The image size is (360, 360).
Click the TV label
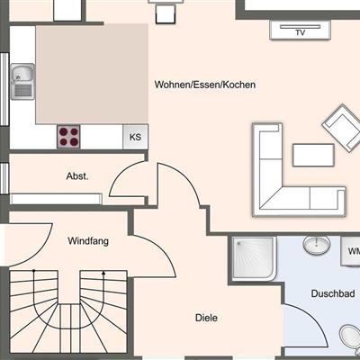tap(301, 32)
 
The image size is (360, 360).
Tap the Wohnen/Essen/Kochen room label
tap(205, 85)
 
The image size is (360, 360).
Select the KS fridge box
tap(135, 137)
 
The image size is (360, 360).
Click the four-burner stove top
tap(68, 137)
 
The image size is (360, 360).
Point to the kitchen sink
tap(22, 81)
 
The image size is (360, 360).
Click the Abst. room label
tap(77, 176)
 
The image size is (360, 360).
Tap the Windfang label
tap(88, 241)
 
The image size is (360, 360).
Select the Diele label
tap(206, 318)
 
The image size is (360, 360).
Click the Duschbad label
tap(333, 293)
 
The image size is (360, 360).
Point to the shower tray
tap(254, 258)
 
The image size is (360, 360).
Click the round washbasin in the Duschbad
tap(317, 245)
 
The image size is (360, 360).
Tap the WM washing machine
tap(350, 251)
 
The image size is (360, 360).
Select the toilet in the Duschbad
tap(350, 337)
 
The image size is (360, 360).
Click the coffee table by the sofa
tap(313, 155)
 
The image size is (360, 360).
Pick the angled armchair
tap(342, 128)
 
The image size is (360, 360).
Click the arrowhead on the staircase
tap(103, 273)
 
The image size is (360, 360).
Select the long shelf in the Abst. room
tap(56, 199)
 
